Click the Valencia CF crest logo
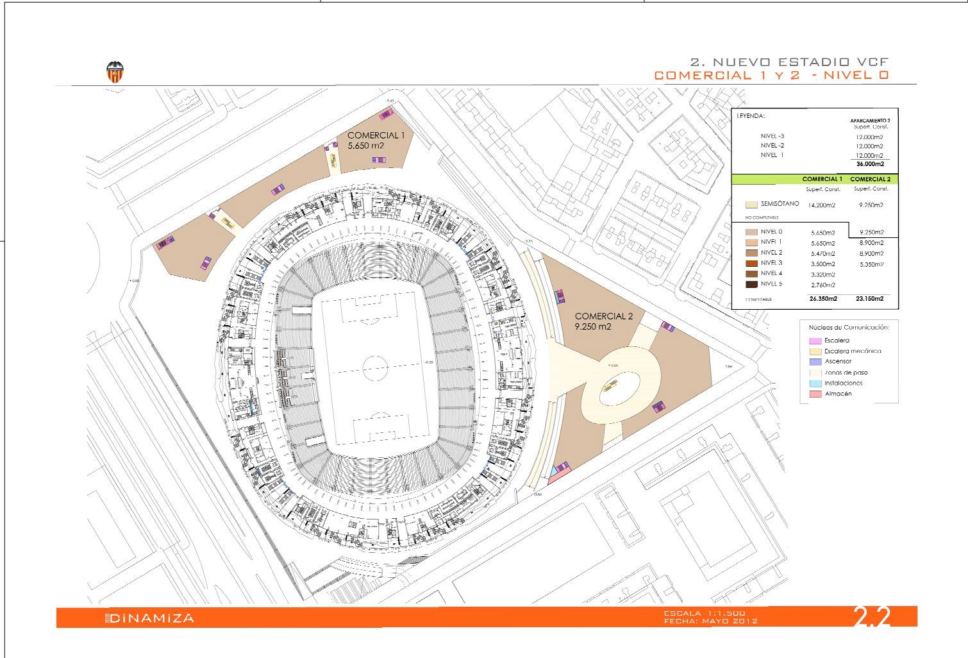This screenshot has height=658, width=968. click(115, 72)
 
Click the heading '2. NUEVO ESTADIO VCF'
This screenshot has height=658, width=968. click(790, 62)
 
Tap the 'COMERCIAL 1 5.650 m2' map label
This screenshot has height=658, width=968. click(376, 140)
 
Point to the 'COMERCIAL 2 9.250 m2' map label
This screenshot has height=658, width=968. click(603, 321)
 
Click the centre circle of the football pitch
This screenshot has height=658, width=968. click(376, 368)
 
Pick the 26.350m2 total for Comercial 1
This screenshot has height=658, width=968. click(822, 299)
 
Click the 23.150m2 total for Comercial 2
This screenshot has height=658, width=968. click(869, 299)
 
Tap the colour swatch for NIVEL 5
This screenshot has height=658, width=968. click(751, 284)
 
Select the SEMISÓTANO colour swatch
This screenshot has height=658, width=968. click(751, 205)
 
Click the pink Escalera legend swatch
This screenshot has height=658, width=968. click(815, 341)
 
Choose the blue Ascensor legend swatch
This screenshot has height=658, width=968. click(815, 362)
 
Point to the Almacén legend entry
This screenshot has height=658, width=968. click(837, 394)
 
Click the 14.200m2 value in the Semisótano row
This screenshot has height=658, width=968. click(822, 205)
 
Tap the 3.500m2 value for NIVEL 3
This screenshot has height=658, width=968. click(822, 264)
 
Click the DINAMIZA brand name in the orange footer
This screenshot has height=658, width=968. click(151, 618)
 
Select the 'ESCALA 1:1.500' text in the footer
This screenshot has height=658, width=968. click(704, 614)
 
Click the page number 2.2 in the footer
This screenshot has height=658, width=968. click(872, 617)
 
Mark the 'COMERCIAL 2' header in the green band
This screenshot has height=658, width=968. click(870, 179)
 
